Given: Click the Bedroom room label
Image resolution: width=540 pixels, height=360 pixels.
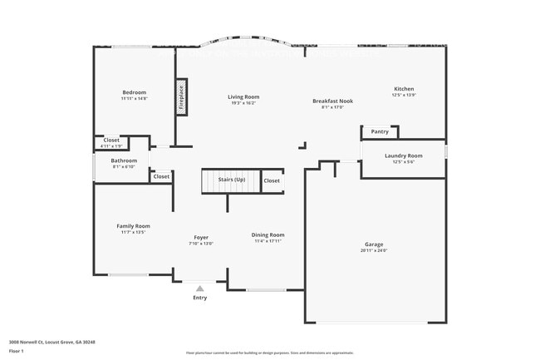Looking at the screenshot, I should point(135,92).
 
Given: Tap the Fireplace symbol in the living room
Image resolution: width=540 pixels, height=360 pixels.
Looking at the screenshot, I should point(179,98).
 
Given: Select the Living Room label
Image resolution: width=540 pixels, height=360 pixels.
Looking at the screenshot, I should point(243,97).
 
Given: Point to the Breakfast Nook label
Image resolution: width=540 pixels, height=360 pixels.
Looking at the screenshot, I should point(332,101).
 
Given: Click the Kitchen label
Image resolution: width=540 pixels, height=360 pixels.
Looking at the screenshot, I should point(404,89).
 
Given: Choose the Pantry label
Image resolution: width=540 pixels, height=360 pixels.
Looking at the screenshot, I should point(380,131).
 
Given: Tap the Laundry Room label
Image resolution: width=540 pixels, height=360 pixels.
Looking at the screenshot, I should point(404,155).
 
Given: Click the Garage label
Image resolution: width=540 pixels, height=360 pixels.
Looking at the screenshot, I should point(374,244).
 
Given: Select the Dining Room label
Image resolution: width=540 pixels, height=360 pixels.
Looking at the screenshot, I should point(268,234).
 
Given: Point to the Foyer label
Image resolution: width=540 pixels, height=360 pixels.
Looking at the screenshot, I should point(202,237).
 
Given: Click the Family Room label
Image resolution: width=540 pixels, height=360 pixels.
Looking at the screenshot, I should point(133,225).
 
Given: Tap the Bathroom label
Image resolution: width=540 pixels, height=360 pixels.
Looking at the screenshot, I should point(124,160).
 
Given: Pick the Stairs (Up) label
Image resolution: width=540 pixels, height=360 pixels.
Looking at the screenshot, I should point(232,180).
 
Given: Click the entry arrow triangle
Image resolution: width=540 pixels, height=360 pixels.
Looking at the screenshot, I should point(199,288).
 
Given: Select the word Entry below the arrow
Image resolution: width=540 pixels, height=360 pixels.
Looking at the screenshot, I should point(200,298).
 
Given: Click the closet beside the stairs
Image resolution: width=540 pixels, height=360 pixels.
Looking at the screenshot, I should point(272,180).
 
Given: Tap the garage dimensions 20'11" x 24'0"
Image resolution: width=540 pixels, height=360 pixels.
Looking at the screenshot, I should point(374,250).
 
